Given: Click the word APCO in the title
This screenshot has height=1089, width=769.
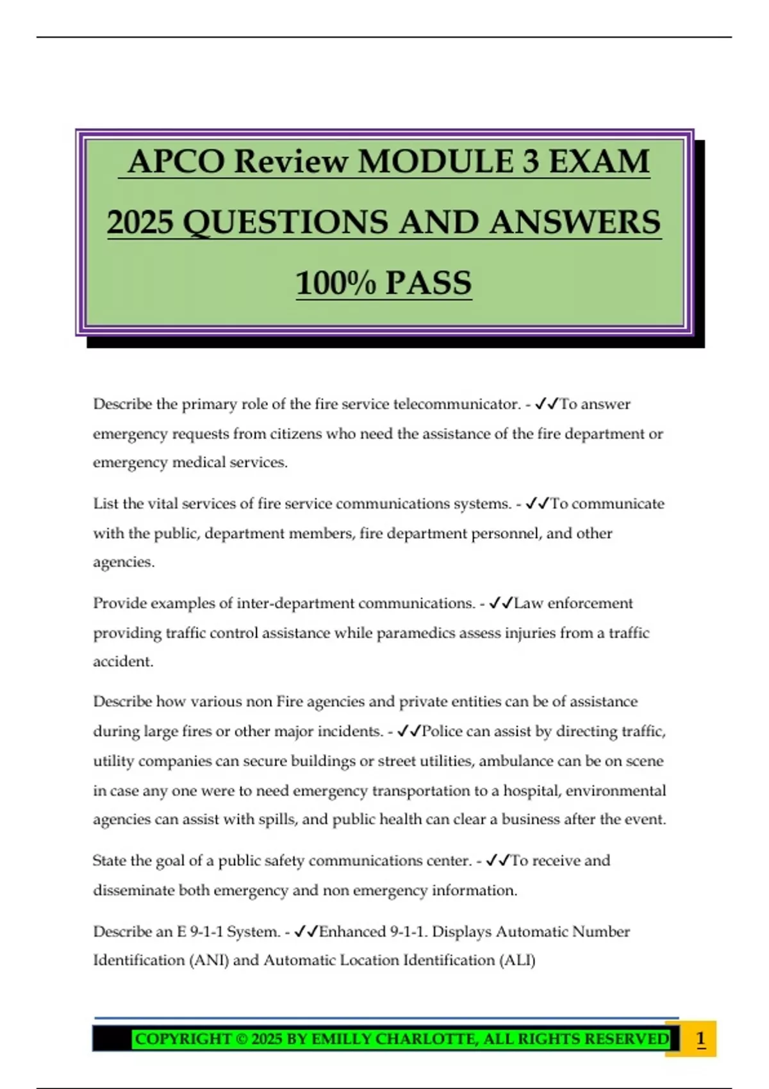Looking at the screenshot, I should click(x=176, y=161).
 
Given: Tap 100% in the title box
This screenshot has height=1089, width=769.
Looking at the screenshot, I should click(x=335, y=284).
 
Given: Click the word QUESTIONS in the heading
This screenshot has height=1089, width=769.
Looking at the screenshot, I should click(x=285, y=223).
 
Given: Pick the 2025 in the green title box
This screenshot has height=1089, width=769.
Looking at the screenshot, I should click(x=140, y=223).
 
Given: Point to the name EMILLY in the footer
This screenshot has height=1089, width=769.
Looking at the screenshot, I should click(x=340, y=1038).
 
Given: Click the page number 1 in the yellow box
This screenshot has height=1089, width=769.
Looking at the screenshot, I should click(x=700, y=1038).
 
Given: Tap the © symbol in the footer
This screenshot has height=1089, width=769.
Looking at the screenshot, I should click(x=242, y=1038).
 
